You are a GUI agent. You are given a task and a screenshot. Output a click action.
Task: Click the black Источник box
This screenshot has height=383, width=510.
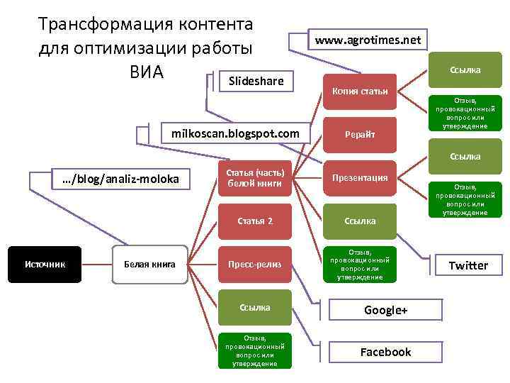[x=45, y=265]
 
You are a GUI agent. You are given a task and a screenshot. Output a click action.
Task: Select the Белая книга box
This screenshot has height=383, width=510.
[x=149, y=265]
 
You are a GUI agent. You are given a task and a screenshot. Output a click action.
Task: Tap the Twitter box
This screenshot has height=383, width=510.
[x=467, y=265]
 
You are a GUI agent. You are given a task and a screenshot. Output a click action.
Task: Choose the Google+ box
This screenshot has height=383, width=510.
[x=385, y=310]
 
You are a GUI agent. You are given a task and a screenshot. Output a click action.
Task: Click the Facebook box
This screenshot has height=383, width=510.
[x=385, y=352]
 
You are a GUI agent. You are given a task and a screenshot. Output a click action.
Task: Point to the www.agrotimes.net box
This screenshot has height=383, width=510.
[x=368, y=40]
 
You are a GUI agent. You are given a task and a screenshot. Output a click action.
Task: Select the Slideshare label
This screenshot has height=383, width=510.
[x=256, y=82]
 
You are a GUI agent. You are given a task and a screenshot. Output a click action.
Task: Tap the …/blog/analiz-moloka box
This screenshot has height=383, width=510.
[x=120, y=178]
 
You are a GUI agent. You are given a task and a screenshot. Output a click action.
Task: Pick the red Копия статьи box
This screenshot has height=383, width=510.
[x=360, y=91]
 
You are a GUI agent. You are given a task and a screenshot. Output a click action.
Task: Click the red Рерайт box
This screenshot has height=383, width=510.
[x=360, y=134]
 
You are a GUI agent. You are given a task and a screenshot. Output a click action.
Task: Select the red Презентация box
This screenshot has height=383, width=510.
[x=360, y=177]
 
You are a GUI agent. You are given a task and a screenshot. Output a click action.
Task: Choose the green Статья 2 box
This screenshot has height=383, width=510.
[x=255, y=221]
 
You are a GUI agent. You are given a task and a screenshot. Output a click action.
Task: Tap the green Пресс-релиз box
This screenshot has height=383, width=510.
[x=255, y=265]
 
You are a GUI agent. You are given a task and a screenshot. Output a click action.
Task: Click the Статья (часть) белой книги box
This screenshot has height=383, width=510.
[x=255, y=178]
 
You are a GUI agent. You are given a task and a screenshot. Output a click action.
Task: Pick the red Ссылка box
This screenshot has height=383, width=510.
[x=360, y=221]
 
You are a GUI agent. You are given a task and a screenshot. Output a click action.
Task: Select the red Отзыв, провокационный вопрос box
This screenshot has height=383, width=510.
[x=360, y=265]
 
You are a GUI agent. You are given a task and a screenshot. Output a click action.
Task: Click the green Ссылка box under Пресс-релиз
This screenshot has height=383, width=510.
[x=255, y=307]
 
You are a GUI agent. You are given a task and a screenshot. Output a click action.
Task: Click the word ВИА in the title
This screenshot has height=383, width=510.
[x=146, y=72]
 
